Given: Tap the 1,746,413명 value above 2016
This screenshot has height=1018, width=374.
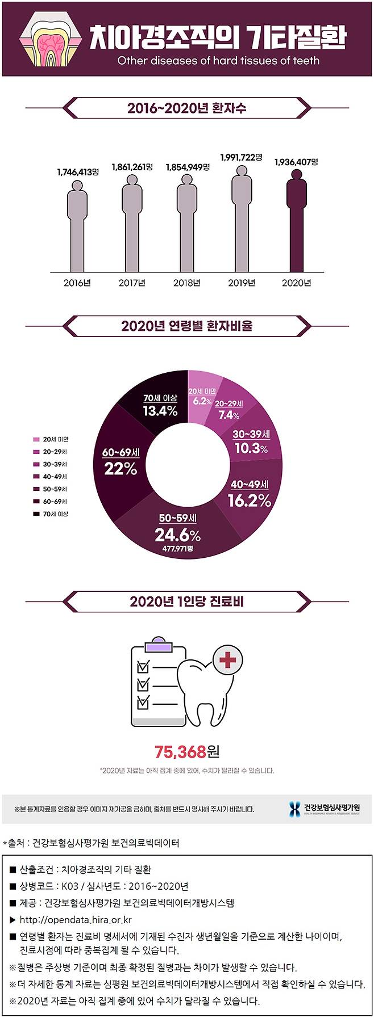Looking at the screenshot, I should coord(78,171).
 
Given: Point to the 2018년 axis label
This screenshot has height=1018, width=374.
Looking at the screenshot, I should coord(186,283).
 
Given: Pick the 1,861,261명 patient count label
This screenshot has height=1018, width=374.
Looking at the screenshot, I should coord(132,167).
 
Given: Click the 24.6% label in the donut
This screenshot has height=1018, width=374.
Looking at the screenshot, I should coord(177,535).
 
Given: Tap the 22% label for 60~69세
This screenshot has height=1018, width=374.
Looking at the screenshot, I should coord(120,468).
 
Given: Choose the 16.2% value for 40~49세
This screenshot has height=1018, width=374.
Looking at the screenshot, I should coord(249,500).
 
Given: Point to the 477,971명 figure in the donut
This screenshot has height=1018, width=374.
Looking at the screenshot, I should coord(177,549).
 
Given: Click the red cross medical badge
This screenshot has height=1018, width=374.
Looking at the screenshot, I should coord(228,660).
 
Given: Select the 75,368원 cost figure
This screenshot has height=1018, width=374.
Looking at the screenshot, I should coord(186,752).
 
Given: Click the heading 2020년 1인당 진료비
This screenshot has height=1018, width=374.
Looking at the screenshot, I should coord(186,601).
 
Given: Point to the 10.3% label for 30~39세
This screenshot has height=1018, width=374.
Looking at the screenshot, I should coord(251,448).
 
